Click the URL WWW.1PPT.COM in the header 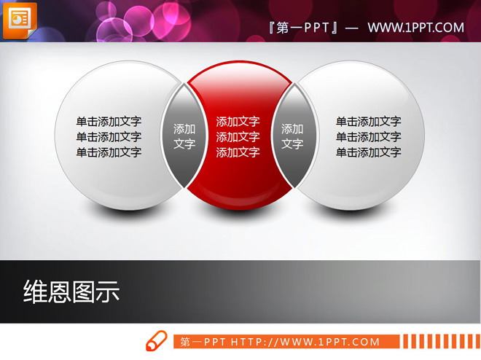pos(415,28)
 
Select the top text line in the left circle pos(109,122)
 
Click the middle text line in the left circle pos(109,137)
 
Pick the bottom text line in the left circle pos(109,152)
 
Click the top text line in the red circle pos(238,122)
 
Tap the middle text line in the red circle pos(238,137)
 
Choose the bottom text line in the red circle pos(238,152)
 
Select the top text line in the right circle pos(368,122)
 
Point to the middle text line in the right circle pos(368,137)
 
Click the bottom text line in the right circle pos(368,152)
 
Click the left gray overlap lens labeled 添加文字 pos(184,136)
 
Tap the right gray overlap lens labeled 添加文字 pos(292,136)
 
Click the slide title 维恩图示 pos(71,292)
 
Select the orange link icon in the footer pos(157,341)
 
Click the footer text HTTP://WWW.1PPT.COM pos(305,342)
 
